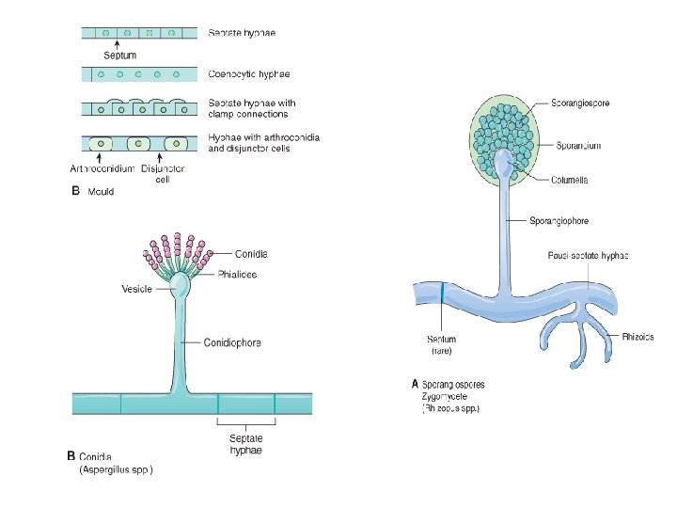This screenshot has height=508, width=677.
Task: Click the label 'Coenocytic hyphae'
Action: click(247, 73)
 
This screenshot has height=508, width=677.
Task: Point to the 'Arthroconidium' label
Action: click(102, 169)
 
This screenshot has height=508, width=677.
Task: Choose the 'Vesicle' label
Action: click(136, 289)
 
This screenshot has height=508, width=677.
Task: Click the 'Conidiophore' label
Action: click(232, 342)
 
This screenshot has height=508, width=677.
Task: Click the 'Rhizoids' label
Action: click(637, 337)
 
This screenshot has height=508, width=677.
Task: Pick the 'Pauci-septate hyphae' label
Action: click(588, 256)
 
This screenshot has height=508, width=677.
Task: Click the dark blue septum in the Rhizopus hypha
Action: click(442, 294)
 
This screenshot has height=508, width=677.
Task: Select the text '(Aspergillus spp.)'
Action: click(116, 468)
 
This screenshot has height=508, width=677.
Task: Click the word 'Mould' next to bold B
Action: click(102, 192)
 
